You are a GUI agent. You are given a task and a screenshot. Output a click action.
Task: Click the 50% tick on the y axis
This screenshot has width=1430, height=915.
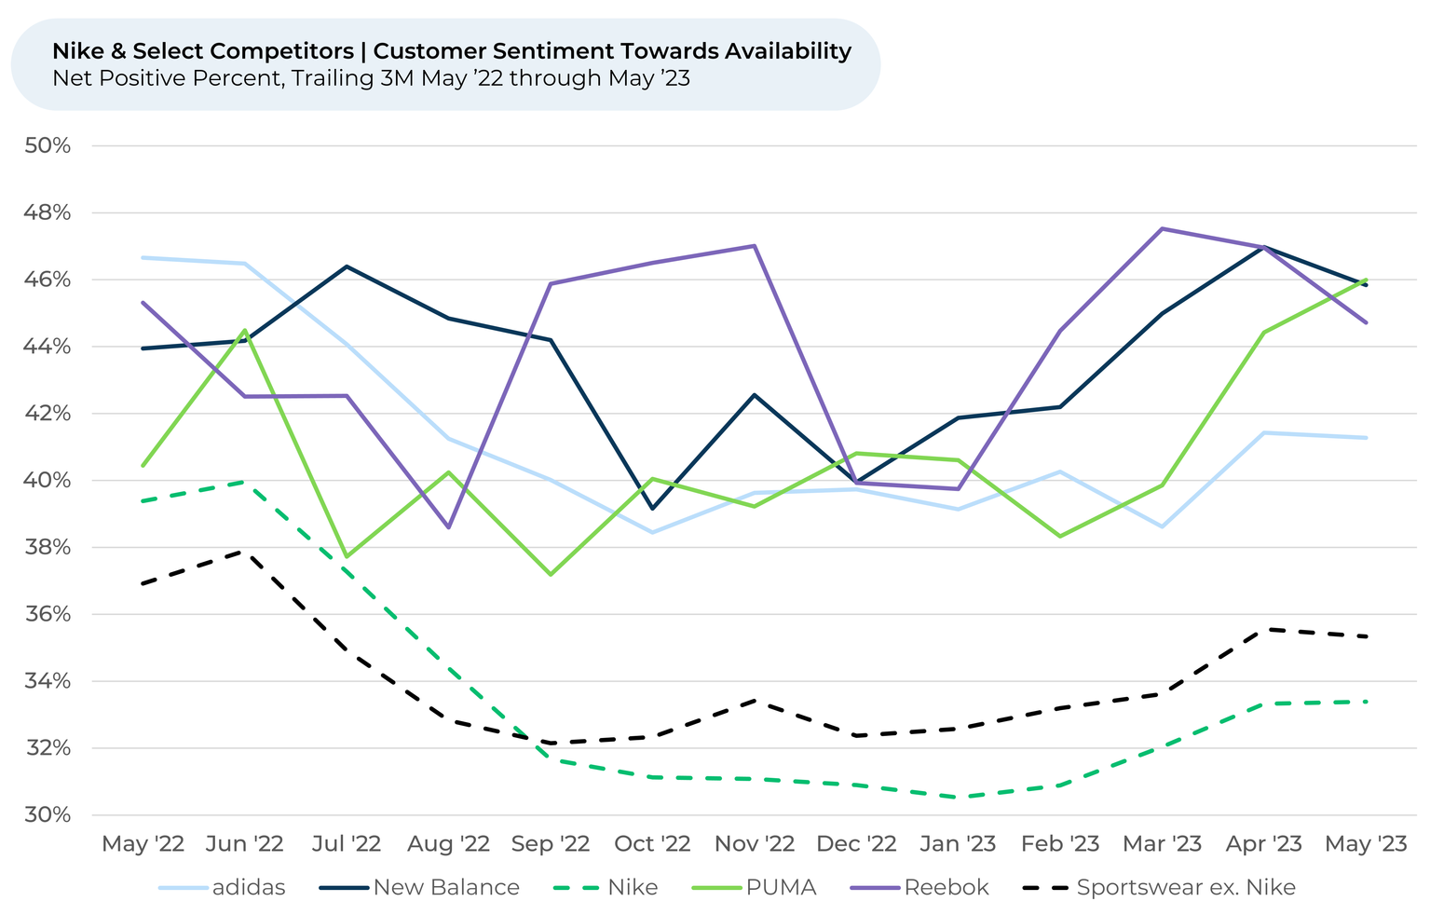[48, 146]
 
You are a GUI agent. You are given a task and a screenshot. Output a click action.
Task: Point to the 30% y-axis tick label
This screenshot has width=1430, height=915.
[48, 815]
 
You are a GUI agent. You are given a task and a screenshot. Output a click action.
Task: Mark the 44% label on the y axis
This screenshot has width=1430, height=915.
[48, 347]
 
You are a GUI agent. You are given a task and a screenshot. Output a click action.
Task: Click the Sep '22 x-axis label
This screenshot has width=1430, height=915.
[551, 844]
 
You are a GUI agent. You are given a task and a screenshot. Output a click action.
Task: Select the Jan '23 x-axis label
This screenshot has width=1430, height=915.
[957, 844]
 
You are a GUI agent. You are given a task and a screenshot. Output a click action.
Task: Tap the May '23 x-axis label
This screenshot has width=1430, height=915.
[1366, 844]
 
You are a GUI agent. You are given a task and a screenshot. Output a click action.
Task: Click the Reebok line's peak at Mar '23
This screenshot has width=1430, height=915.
[1162, 228]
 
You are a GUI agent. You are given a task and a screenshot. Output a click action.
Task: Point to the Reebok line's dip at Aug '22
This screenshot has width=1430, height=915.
[449, 527]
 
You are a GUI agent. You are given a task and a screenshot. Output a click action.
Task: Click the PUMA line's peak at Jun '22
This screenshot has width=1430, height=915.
[245, 330]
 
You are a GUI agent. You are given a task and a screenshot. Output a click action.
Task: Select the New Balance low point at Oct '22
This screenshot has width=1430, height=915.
[652, 509]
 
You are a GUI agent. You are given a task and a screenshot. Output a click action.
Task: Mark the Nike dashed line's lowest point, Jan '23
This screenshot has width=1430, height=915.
[958, 798]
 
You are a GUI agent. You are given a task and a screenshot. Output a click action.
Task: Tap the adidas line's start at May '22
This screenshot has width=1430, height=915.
[143, 257]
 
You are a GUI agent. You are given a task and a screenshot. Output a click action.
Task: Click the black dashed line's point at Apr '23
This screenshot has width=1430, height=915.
[1264, 629]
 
